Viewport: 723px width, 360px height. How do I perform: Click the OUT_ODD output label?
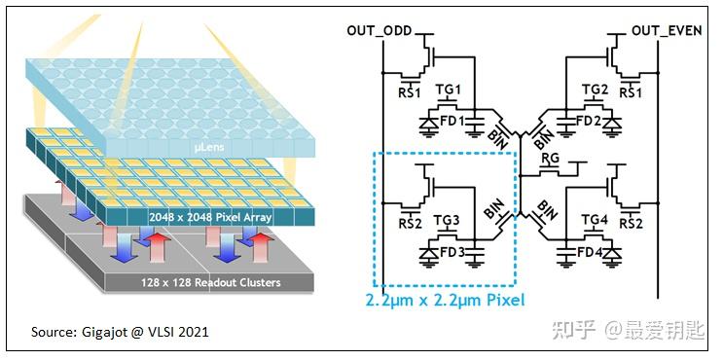(379, 30)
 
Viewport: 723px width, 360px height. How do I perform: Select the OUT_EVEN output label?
(667, 30)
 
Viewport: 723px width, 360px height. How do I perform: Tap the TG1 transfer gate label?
(449, 90)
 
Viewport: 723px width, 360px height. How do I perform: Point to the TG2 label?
(595, 90)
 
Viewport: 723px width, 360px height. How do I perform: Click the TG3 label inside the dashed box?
(449, 221)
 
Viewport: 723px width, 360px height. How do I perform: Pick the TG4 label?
(595, 221)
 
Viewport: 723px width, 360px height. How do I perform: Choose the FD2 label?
(587, 122)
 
